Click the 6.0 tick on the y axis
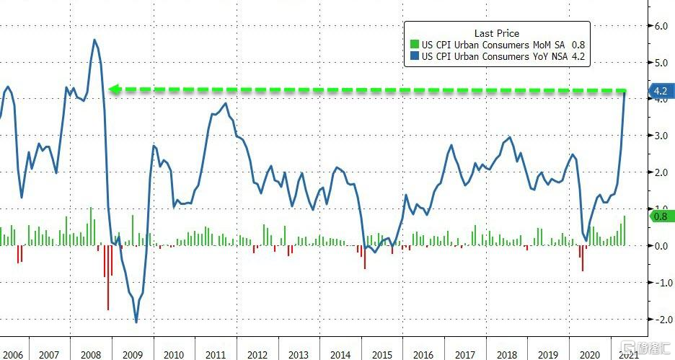[661, 26]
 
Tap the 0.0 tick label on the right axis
[661, 246]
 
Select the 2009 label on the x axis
[132, 354]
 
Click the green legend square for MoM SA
[413, 45]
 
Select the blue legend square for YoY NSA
[413, 56]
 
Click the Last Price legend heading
[496, 33]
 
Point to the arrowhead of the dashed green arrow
[112, 89]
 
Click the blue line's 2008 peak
[95, 40]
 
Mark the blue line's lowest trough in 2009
[136, 322]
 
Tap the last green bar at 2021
[625, 230]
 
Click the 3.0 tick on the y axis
[661, 136]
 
